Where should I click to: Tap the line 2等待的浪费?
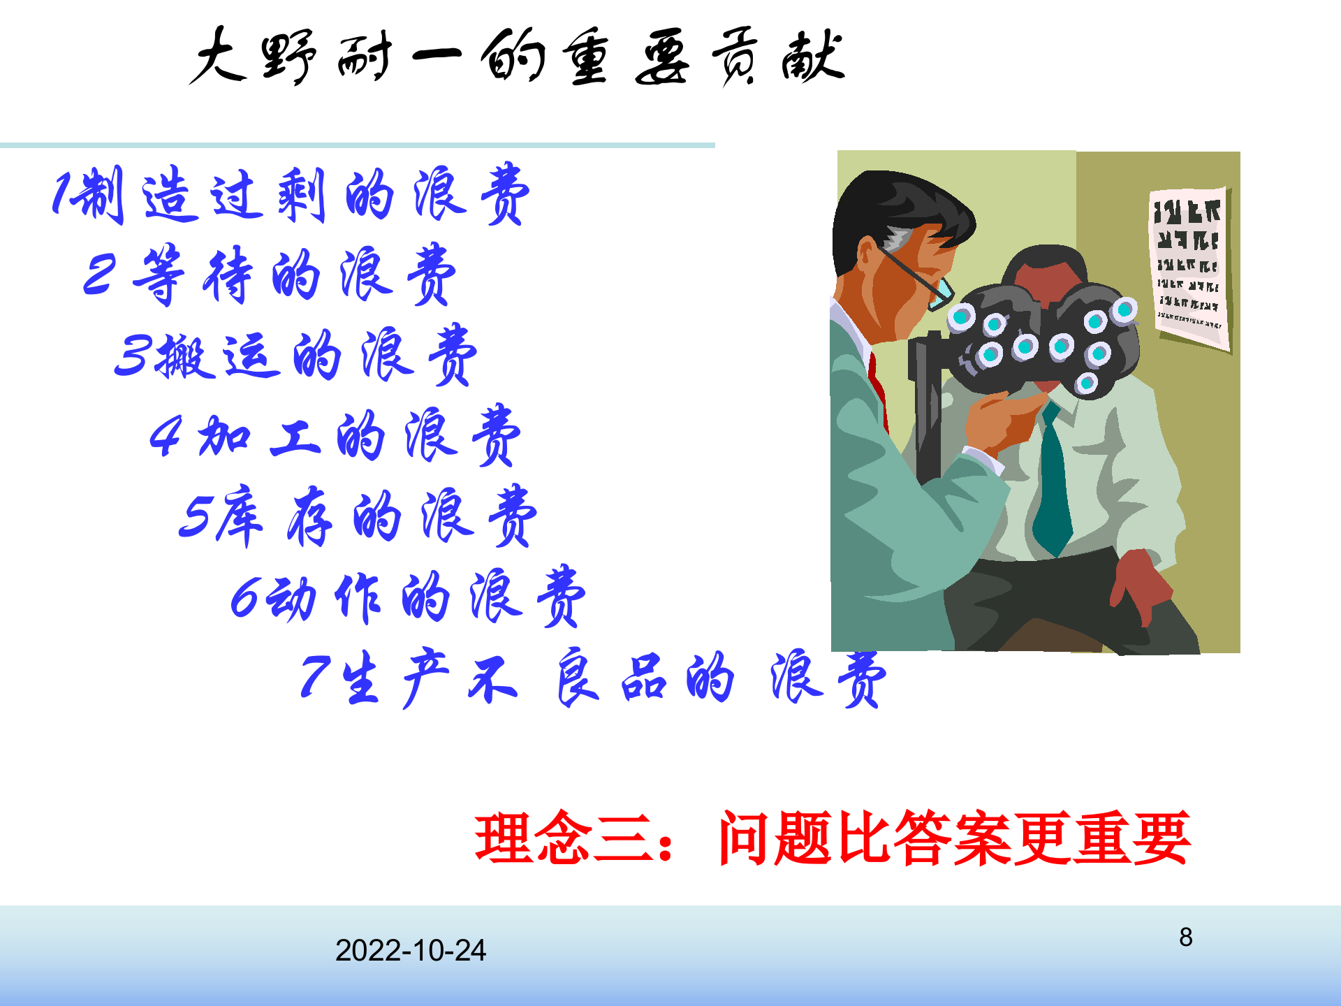269,275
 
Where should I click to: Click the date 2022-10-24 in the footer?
410,950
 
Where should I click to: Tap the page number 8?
1185,937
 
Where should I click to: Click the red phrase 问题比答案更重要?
954,838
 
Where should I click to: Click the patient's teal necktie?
1051,482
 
